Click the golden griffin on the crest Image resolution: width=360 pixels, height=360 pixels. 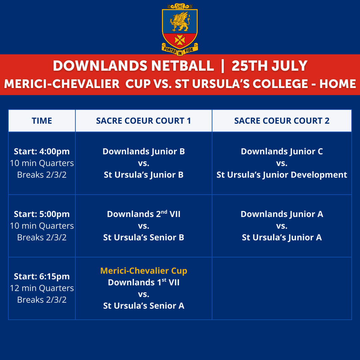[x=180, y=21]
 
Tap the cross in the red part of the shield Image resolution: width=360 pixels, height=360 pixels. [x=180, y=40]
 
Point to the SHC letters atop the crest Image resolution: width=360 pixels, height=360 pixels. [x=180, y=6]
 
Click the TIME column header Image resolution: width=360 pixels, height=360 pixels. [x=42, y=121]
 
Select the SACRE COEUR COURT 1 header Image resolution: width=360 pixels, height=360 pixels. [x=143, y=121]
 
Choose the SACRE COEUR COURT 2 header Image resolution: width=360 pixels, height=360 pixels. [x=282, y=121]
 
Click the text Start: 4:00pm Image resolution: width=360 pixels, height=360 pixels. [x=42, y=152]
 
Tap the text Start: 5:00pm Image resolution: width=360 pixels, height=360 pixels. [x=42, y=214]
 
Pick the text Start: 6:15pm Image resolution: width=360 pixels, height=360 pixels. [x=42, y=276]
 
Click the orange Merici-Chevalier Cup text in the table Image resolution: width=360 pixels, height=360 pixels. [x=144, y=271]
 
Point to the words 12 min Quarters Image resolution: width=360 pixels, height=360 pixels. [x=42, y=288]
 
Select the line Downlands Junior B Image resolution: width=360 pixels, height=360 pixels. [x=144, y=152]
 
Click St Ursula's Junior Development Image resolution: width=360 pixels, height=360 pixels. [x=282, y=175]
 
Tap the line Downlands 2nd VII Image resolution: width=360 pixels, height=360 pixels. [x=144, y=214]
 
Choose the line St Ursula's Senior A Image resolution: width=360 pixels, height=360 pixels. [x=144, y=306]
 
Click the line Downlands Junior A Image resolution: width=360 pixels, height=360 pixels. [x=282, y=214]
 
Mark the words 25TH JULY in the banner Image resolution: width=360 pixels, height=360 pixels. [x=269, y=66]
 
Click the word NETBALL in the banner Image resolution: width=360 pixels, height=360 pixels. [x=183, y=66]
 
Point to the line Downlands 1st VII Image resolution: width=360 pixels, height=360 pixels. [x=144, y=282]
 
